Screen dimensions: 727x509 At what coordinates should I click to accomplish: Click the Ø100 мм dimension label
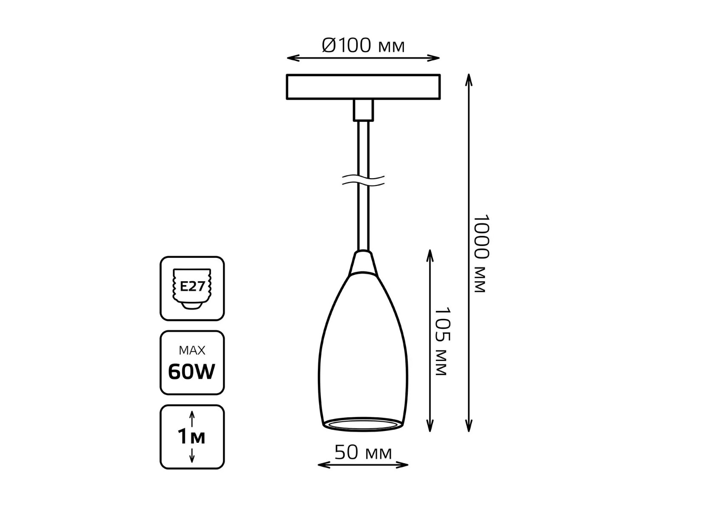[363, 45]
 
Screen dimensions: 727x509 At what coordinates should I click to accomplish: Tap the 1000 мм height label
[481, 253]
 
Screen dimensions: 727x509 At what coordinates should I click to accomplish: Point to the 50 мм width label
[363, 452]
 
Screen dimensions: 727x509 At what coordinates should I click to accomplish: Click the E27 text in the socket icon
[192, 286]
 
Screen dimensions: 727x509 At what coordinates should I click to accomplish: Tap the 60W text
[192, 372]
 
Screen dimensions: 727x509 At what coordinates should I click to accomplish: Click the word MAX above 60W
[192, 350]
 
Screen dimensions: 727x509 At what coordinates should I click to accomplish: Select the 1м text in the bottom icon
[192, 436]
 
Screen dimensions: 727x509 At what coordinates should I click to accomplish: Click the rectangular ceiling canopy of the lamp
[363, 87]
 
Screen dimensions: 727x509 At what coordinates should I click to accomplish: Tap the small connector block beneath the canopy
[363, 110]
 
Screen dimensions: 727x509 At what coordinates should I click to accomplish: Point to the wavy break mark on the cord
[363, 180]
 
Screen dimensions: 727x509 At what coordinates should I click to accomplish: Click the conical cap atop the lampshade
[362, 263]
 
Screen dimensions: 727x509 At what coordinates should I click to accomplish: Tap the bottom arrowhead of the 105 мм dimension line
[430, 426]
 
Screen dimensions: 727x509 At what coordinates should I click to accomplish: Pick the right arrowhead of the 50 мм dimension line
[402, 465]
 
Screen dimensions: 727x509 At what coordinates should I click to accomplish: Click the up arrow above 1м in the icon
[192, 418]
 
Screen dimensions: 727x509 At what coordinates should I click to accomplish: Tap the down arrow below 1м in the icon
[192, 455]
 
